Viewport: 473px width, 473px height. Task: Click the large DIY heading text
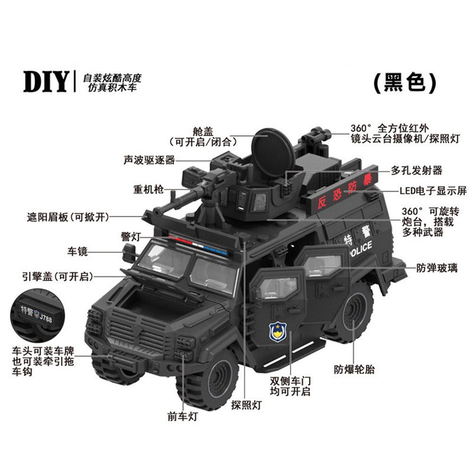point(46,81)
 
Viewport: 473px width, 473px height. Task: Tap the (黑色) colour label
point(405,83)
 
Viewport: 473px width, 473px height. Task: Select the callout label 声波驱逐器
point(149,160)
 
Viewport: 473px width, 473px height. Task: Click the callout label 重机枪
point(148,189)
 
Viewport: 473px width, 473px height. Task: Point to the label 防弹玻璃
point(437,268)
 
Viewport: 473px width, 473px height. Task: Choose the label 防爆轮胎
point(354,369)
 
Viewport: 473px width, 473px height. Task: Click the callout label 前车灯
point(182,417)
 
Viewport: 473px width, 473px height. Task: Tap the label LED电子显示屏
point(433,191)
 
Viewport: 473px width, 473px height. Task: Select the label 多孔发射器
point(416,170)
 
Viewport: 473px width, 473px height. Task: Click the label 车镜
point(77,251)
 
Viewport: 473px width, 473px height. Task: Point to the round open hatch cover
point(272,153)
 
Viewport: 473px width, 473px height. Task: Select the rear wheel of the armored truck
point(353,313)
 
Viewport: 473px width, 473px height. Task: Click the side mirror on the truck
point(129,253)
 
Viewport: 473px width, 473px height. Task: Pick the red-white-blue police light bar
point(198,245)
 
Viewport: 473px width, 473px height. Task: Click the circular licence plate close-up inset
point(38,315)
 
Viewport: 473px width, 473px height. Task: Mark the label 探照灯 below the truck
point(246,405)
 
